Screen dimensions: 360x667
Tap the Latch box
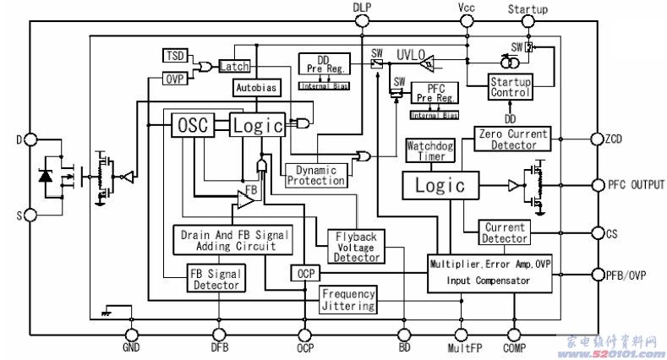tap(231, 66)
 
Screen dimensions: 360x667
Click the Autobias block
tap(255, 88)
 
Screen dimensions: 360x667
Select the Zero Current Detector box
tap(513, 139)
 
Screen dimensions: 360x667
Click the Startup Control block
tap(511, 86)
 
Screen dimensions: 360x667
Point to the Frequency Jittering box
tap(347, 300)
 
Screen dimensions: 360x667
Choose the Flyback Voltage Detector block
tap(357, 245)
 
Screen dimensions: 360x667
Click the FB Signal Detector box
tap(217, 279)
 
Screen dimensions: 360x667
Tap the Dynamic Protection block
tap(316, 175)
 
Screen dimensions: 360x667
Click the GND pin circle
tap(133, 335)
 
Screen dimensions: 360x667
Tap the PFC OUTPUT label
tap(636, 184)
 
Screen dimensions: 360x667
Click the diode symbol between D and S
tap(46, 177)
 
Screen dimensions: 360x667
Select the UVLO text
tap(412, 54)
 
